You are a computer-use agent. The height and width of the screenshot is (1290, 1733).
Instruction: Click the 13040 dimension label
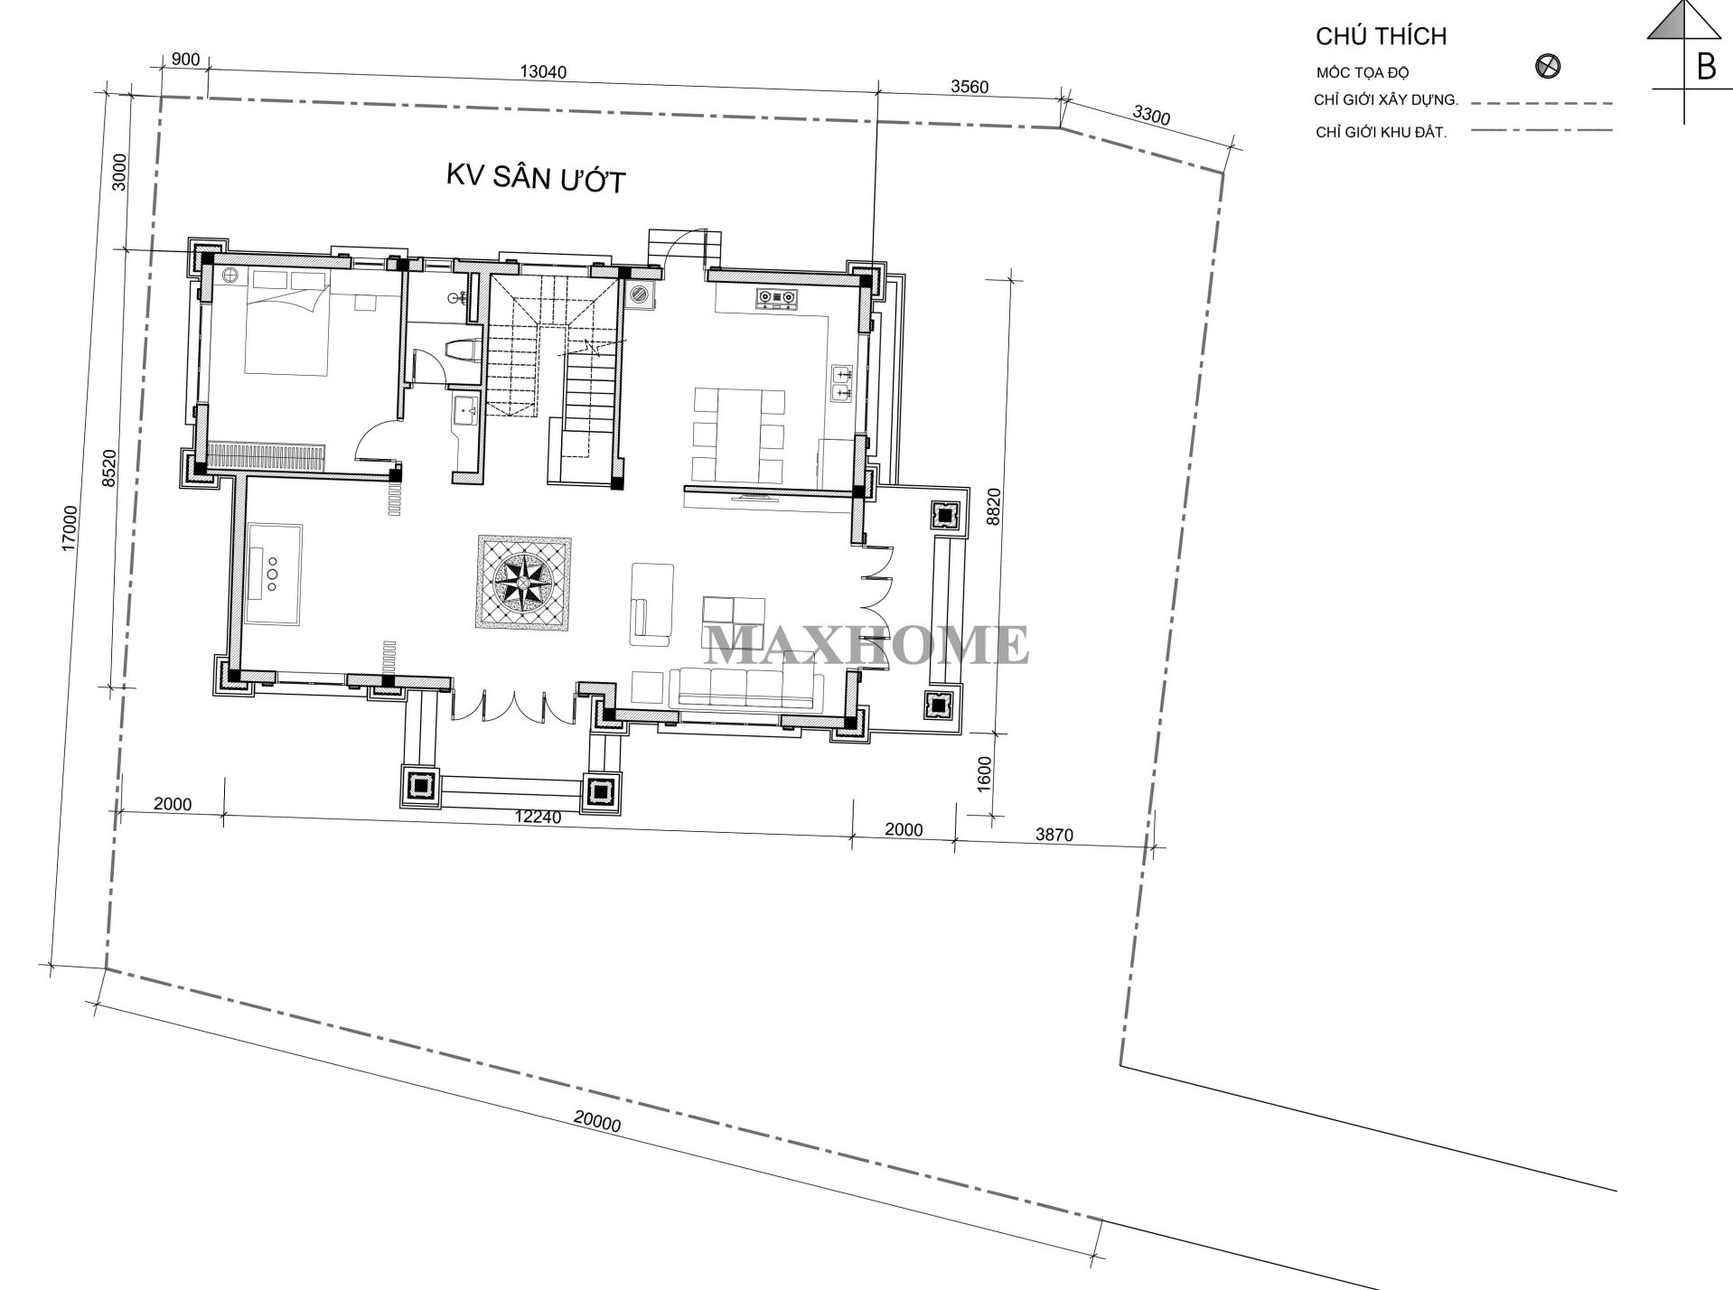(544, 71)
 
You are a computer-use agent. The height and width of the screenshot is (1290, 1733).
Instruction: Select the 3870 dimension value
(1054, 834)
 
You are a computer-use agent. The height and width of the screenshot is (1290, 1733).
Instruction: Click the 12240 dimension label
(539, 818)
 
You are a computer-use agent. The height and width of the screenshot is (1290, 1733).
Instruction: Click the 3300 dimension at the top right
(1151, 115)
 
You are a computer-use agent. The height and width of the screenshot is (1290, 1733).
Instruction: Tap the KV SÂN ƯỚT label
(535, 178)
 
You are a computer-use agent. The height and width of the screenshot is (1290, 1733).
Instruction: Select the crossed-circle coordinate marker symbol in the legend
(1549, 66)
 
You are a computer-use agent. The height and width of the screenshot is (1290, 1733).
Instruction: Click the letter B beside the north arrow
(1706, 67)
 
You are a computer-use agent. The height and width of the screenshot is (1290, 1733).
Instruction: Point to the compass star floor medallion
(524, 582)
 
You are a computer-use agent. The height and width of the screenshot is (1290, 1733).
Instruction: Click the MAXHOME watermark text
(866, 643)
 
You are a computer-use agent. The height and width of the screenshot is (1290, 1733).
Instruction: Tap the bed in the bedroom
(287, 321)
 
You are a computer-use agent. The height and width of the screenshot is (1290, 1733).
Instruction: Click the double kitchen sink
(841, 382)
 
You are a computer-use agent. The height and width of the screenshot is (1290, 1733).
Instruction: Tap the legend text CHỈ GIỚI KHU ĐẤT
(1381, 133)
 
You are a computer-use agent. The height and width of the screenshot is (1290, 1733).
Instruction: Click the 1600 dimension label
(984, 773)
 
